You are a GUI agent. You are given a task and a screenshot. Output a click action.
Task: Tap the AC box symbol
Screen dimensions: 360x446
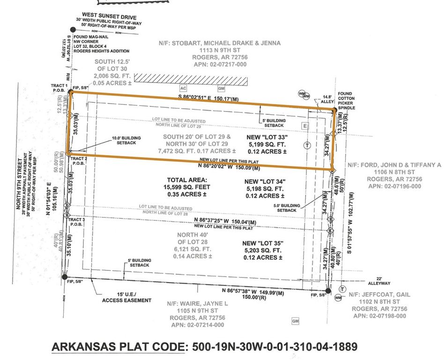[x=184, y=88]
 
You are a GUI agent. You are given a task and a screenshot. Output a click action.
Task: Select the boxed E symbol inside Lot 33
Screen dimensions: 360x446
[x=305, y=126]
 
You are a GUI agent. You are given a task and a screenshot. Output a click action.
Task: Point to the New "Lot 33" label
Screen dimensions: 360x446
[x=266, y=137]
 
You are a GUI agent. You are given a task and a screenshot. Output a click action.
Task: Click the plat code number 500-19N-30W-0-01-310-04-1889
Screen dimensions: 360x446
[x=273, y=347]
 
